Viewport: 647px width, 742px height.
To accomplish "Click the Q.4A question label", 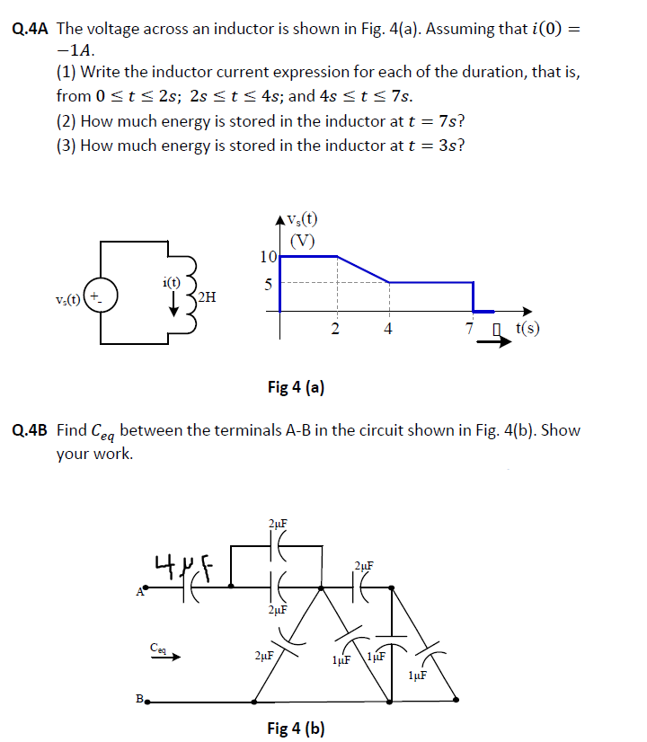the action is coord(33,29).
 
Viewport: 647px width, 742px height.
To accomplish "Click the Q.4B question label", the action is coord(32,430).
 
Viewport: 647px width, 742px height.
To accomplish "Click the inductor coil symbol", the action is coord(191,293).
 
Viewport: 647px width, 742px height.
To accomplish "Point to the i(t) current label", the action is coord(173,282).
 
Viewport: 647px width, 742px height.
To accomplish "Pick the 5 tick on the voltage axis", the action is coord(267,283).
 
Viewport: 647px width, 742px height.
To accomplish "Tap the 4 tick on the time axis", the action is coord(387,329).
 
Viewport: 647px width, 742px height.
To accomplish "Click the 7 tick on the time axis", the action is coord(470,329).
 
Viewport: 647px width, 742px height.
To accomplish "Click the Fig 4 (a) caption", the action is coord(297,387).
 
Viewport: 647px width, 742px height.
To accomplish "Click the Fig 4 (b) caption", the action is coord(297,728).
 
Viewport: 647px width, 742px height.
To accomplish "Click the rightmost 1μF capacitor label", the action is coord(416,675).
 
